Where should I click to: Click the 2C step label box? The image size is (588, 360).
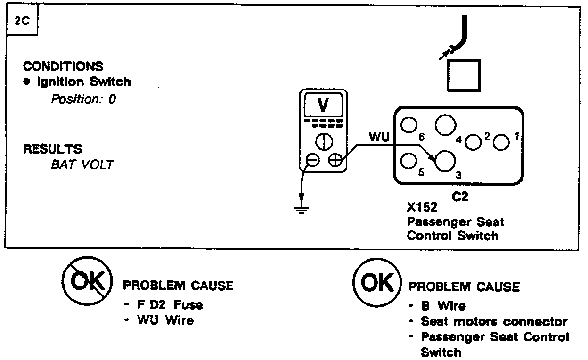(20, 23)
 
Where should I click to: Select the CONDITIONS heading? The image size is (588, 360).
(63, 66)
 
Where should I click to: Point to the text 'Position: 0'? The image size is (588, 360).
(83, 99)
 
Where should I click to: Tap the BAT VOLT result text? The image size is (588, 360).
(82, 165)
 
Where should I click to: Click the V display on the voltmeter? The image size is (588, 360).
(323, 106)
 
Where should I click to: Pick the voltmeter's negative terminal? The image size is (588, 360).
(312, 160)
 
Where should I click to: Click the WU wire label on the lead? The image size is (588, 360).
(379, 137)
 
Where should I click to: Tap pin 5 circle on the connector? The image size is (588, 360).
(408, 161)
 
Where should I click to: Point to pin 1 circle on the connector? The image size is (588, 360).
(502, 142)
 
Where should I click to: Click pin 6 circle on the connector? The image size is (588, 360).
(409, 124)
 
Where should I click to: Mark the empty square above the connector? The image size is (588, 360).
(464, 76)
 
